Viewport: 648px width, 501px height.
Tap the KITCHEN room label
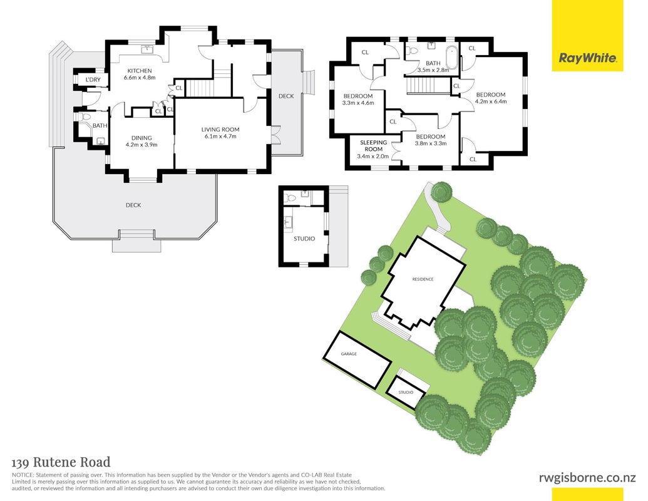(x=139, y=71)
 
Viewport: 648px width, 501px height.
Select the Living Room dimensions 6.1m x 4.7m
(x=220, y=136)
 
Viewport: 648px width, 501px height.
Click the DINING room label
(x=141, y=138)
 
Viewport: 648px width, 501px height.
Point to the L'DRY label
(x=93, y=80)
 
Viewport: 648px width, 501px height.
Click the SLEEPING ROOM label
(x=373, y=145)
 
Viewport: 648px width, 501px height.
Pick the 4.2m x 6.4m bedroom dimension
(x=491, y=101)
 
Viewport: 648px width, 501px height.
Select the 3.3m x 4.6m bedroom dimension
(x=358, y=103)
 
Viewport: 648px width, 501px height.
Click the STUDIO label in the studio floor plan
(x=304, y=239)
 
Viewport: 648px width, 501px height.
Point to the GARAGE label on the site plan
(x=349, y=354)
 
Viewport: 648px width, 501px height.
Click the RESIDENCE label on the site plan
(x=423, y=279)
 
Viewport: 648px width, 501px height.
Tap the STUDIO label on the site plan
(x=406, y=392)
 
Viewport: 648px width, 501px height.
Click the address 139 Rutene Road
(x=61, y=462)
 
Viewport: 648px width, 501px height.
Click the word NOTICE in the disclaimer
(x=23, y=475)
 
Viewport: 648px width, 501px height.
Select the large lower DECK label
(x=133, y=205)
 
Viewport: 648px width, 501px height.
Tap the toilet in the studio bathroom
(x=291, y=198)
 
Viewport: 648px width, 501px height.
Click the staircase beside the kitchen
(x=201, y=87)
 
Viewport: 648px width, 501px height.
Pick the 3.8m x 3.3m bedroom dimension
(x=431, y=143)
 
